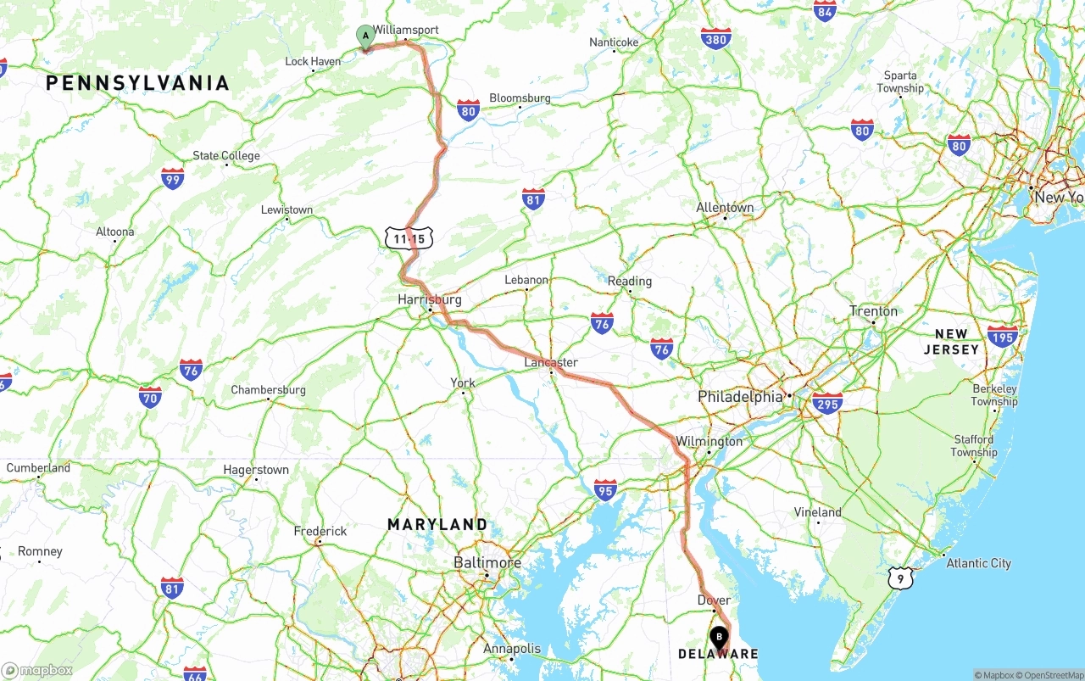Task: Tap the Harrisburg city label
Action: click(x=430, y=299)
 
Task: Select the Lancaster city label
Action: click(x=551, y=362)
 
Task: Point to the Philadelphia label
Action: click(x=740, y=396)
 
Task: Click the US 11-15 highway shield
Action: click(x=409, y=239)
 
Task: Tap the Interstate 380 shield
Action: click(x=716, y=38)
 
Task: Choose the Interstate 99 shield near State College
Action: click(x=173, y=178)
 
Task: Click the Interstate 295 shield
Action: click(x=826, y=403)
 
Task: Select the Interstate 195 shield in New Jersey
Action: click(x=1003, y=336)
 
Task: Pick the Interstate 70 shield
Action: click(x=151, y=396)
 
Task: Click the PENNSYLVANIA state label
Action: click(x=137, y=83)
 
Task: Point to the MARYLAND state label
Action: click(x=437, y=525)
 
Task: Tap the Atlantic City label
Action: click(x=978, y=563)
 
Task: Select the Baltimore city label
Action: click(x=487, y=562)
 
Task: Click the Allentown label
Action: click(x=725, y=208)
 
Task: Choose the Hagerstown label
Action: click(x=256, y=470)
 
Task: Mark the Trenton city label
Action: click(x=873, y=311)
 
